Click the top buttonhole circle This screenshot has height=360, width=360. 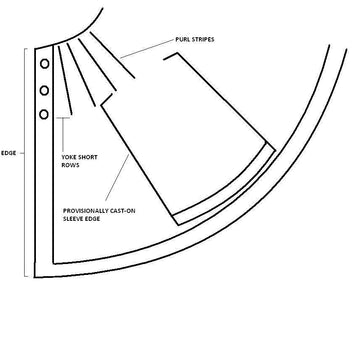45,64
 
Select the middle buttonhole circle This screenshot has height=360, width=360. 44,90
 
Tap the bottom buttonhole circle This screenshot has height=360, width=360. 44,115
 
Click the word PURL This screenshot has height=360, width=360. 182,40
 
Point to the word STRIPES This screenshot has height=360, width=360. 202,40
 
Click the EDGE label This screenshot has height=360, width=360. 9,153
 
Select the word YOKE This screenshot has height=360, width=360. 69,157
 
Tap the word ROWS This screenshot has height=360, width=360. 70,165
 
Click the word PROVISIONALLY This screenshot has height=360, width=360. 85,211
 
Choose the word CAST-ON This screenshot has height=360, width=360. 122,211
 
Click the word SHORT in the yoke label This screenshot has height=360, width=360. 87,157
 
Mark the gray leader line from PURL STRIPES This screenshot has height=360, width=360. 147,49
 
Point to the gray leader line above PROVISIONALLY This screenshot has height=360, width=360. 117,177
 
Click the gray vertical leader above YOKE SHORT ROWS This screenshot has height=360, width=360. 63,134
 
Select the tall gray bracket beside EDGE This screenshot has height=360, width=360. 25,163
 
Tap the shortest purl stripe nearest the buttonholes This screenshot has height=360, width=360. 65,80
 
